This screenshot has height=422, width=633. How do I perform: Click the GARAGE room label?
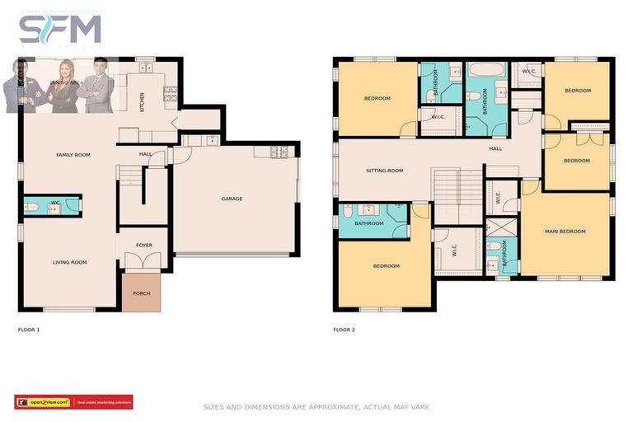coord(232,199)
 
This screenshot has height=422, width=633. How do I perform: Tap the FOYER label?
coord(144,245)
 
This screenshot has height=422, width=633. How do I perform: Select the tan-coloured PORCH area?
coord(142,293)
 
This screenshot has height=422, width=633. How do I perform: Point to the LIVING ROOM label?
coord(70,262)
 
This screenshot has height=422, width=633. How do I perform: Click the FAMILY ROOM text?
coord(73,155)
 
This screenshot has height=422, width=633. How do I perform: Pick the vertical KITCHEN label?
coord(142,101)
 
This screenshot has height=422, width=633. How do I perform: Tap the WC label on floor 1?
coord(55,203)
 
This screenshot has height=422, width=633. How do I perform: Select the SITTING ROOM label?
coord(384,171)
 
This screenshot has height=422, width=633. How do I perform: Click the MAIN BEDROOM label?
coord(565,232)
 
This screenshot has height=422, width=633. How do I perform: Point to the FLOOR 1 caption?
coord(29,330)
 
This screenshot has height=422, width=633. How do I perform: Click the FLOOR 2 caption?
coord(344,330)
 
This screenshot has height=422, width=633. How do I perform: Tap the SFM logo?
coord(60,30)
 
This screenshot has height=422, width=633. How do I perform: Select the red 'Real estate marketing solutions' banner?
coord(103,402)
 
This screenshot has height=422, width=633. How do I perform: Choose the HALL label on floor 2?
coord(495,148)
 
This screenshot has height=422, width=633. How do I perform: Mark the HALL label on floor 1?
coord(145,153)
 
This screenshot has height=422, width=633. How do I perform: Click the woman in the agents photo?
coord(64,87)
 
